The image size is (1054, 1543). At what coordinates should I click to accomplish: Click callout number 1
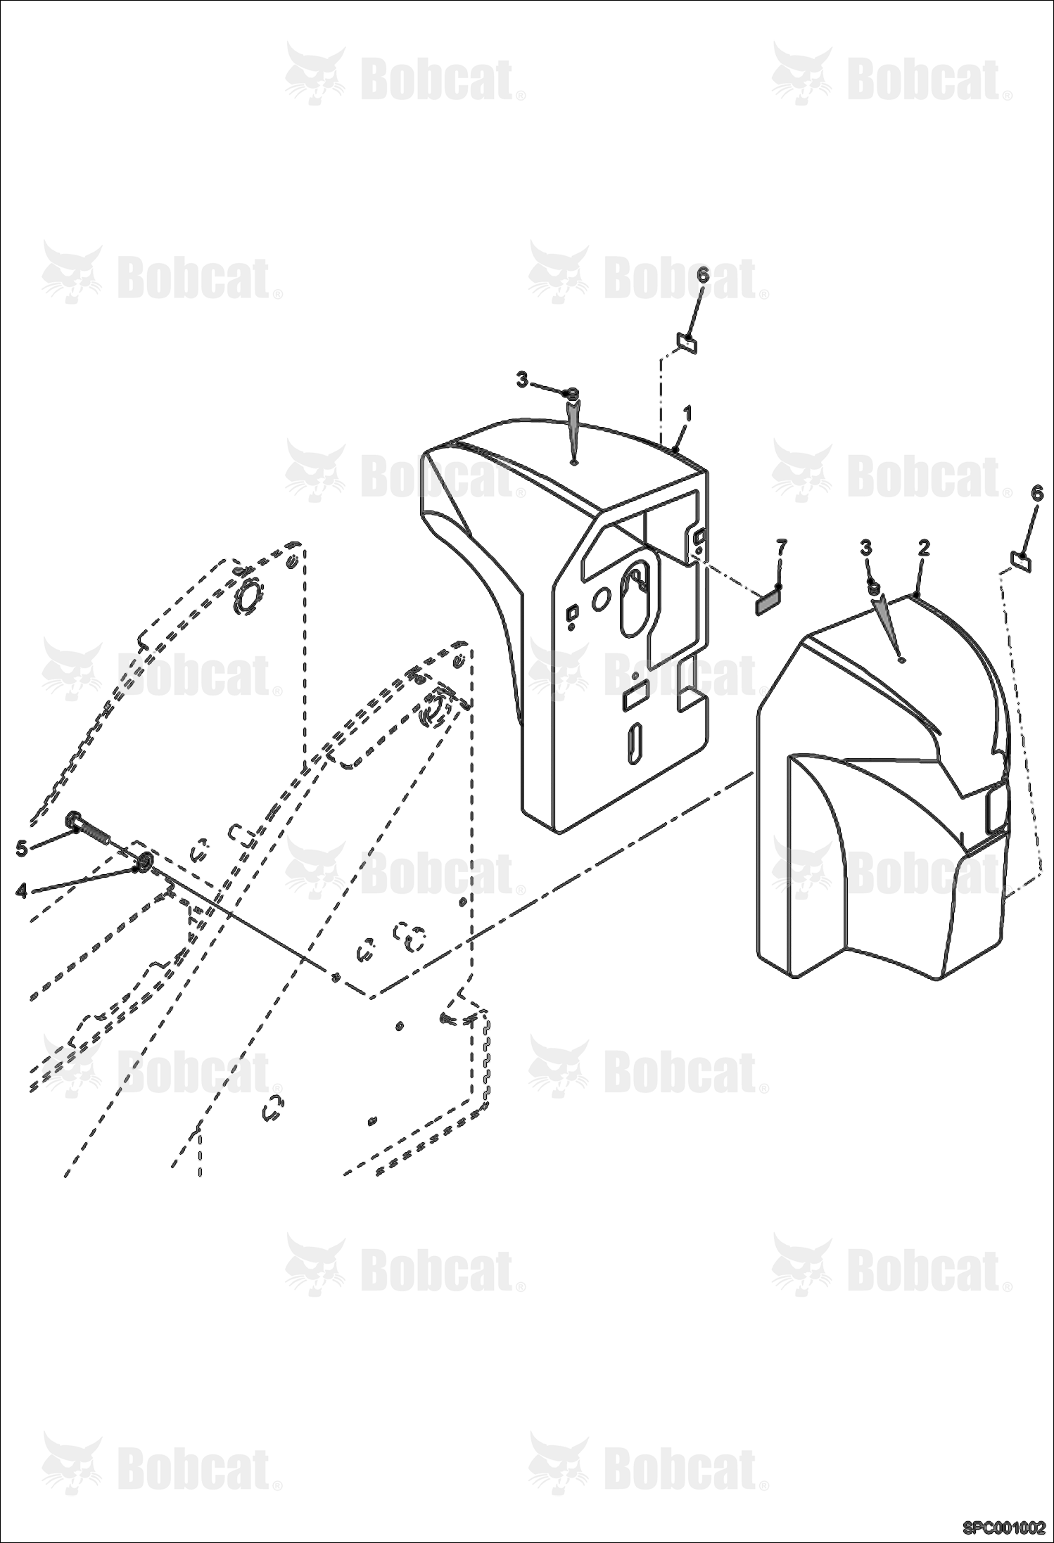687,414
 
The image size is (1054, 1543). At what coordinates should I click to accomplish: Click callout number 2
924,548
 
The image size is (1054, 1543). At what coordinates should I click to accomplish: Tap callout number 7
781,547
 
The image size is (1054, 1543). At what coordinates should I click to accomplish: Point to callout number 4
22,891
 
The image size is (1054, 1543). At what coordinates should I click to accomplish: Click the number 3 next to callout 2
866,547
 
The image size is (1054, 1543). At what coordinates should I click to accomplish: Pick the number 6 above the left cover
703,275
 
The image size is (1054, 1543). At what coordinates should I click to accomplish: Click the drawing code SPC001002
1004,1528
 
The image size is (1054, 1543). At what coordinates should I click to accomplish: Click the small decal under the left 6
686,343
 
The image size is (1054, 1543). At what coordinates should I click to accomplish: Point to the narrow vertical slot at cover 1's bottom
635,743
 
